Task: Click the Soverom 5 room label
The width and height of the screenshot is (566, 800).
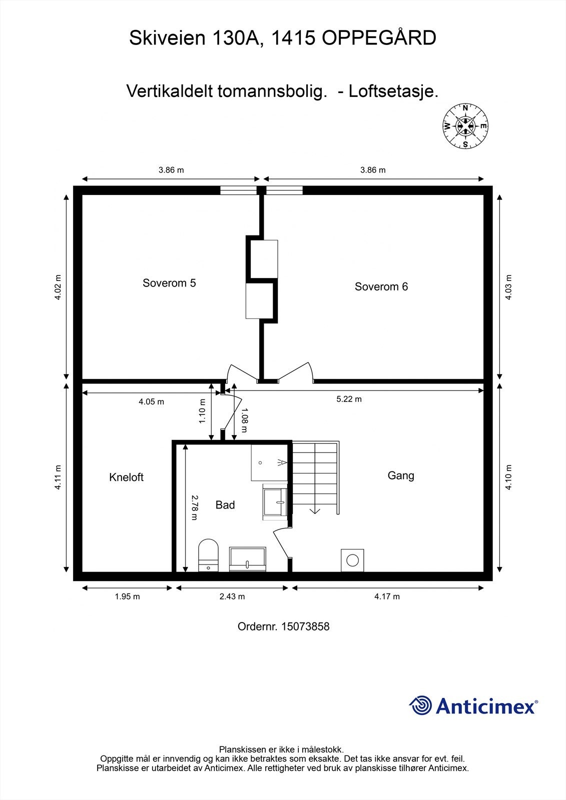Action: tap(169, 283)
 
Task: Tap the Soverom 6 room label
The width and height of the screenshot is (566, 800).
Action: tap(381, 286)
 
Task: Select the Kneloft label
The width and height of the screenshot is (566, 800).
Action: tap(126, 477)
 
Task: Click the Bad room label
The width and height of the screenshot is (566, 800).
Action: tap(225, 505)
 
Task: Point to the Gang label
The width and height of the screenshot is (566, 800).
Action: tap(401, 475)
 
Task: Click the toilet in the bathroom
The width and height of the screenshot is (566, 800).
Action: tap(209, 555)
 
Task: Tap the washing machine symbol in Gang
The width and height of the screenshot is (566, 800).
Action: tap(352, 560)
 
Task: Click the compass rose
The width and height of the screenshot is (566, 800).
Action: tap(465, 126)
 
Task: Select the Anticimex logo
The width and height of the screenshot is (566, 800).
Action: tap(473, 706)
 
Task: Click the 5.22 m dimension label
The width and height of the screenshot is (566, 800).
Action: tap(349, 399)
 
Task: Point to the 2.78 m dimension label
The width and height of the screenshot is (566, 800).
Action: tap(194, 507)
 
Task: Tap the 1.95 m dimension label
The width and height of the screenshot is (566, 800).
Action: tap(127, 596)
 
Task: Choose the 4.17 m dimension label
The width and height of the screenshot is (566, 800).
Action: tap(387, 596)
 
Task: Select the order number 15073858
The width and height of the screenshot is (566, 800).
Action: tap(305, 626)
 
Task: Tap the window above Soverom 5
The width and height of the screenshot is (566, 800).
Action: tap(238, 190)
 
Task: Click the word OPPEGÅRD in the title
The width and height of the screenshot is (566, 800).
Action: tap(379, 38)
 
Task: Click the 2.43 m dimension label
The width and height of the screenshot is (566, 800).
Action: tap(232, 596)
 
